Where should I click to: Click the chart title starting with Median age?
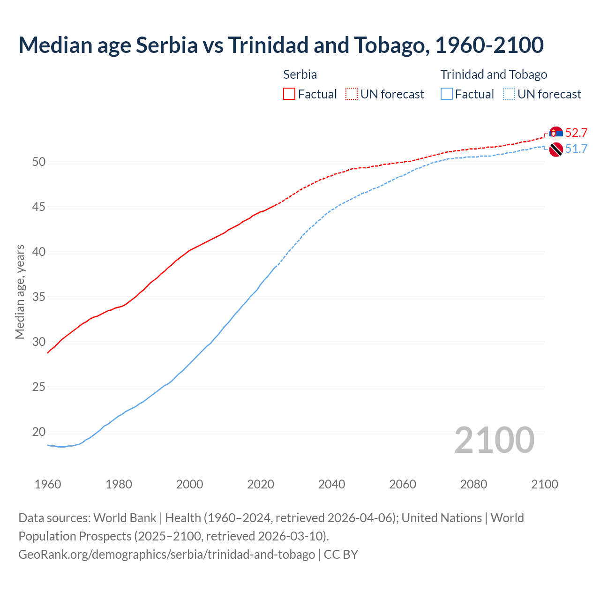click(x=281, y=45)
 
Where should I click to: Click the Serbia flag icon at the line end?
click(x=556, y=133)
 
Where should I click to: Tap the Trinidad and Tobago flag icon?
click(x=556, y=150)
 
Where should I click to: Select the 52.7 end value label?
click(x=576, y=133)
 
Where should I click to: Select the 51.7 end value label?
click(x=576, y=149)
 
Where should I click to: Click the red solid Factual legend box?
click(x=289, y=94)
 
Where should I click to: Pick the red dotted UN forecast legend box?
click(x=352, y=94)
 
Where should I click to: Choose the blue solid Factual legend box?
click(x=447, y=94)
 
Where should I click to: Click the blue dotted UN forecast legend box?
click(x=509, y=94)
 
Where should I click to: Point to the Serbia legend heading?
click(x=300, y=75)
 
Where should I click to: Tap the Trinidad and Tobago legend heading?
click(x=494, y=75)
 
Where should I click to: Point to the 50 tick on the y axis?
click(x=39, y=162)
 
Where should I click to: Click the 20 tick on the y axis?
click(x=39, y=432)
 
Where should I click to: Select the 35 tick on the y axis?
click(x=39, y=297)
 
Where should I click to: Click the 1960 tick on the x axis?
click(x=48, y=484)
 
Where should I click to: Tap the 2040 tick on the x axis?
click(x=331, y=484)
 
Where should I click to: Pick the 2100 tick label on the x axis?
click(x=544, y=484)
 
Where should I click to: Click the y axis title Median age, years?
click(x=20, y=292)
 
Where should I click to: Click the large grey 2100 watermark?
click(x=494, y=440)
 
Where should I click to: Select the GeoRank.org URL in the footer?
click(x=166, y=555)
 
